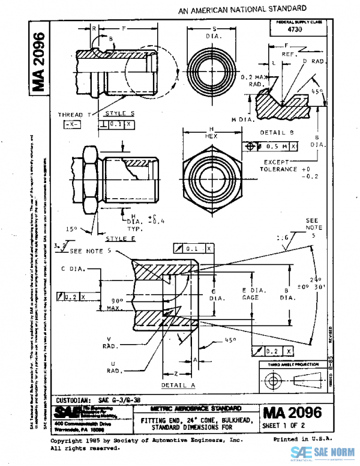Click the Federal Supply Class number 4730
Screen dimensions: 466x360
(x=295, y=28)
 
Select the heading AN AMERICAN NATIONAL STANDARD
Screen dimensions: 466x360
(x=242, y=9)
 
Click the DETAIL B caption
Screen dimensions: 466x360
(x=276, y=132)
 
